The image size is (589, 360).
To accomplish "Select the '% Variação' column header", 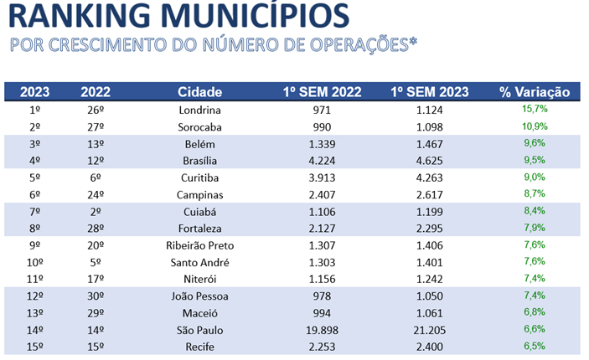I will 534,92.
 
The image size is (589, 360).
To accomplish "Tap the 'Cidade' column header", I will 199,92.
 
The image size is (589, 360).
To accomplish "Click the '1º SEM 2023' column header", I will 428,92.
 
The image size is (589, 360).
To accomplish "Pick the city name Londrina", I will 199,111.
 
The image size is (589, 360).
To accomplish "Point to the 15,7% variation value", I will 534,110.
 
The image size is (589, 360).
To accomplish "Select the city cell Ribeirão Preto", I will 199,245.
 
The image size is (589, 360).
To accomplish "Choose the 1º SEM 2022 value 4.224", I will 323,161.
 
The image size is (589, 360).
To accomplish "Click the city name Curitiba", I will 199,177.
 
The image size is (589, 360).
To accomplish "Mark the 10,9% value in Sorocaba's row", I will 534,126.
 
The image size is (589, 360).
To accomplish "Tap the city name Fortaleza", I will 199,229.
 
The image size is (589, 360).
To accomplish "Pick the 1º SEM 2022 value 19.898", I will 323,330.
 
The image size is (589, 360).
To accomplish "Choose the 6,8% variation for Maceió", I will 534,312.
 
